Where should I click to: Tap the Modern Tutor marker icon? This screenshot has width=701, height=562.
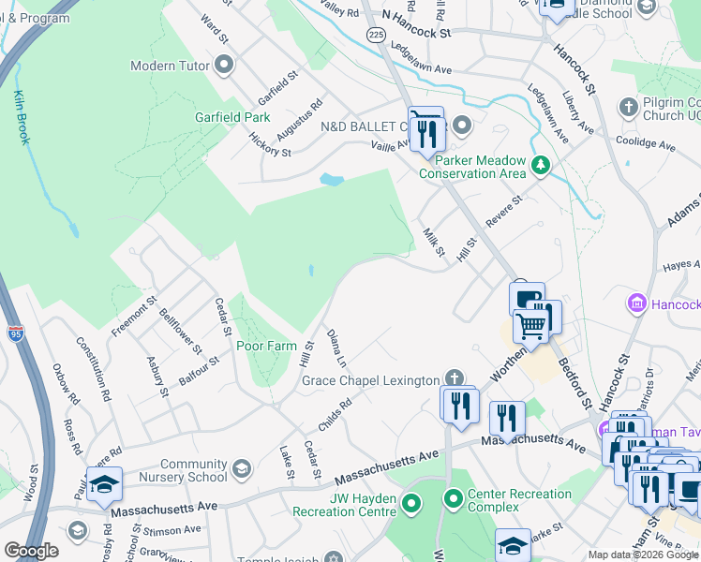224,66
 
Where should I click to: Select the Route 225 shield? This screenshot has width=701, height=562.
376,35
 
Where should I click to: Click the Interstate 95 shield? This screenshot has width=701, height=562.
16,333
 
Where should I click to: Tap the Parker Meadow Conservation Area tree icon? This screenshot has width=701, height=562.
540,166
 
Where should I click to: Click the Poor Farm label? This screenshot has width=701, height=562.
266,346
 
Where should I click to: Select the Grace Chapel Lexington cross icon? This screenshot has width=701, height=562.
454,379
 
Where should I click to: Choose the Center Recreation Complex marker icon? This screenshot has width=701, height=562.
454,497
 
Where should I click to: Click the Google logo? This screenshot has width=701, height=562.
31,551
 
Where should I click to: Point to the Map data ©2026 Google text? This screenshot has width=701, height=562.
642,555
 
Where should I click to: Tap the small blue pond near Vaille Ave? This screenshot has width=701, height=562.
330,179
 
